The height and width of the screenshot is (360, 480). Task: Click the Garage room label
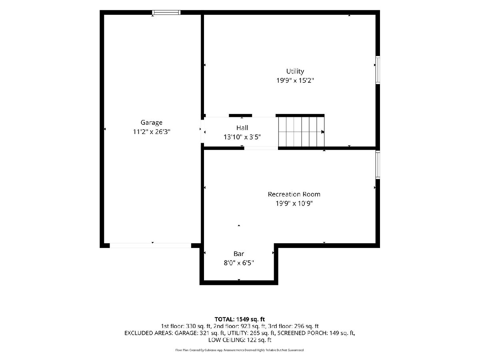pos(151,123)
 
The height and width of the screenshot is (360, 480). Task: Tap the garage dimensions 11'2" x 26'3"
pos(152,132)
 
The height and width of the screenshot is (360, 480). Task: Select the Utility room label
pos(295,72)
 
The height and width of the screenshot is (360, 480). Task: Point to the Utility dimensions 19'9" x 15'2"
pos(295,81)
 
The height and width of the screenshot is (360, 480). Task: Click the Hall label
pos(242,128)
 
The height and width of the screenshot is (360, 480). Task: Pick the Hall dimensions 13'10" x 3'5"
pos(242,137)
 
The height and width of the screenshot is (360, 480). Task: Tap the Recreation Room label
pos(294,194)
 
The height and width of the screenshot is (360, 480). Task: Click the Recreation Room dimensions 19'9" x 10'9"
pos(294,204)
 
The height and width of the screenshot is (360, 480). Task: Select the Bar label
pos(238,254)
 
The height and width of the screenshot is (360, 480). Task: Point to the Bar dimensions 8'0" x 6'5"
pos(238,263)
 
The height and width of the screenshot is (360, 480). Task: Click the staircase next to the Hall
pos(301,132)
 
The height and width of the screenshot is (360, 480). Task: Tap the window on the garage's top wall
pos(166,12)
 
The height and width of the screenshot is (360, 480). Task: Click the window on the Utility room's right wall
pos(378,70)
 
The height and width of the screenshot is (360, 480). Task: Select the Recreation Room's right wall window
pos(378,165)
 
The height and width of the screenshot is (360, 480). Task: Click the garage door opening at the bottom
pos(150,246)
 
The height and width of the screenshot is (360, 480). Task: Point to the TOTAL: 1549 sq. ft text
pos(240,319)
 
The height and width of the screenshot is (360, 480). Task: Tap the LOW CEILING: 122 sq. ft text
pos(240,340)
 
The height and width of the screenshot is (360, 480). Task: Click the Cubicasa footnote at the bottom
pos(240,350)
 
